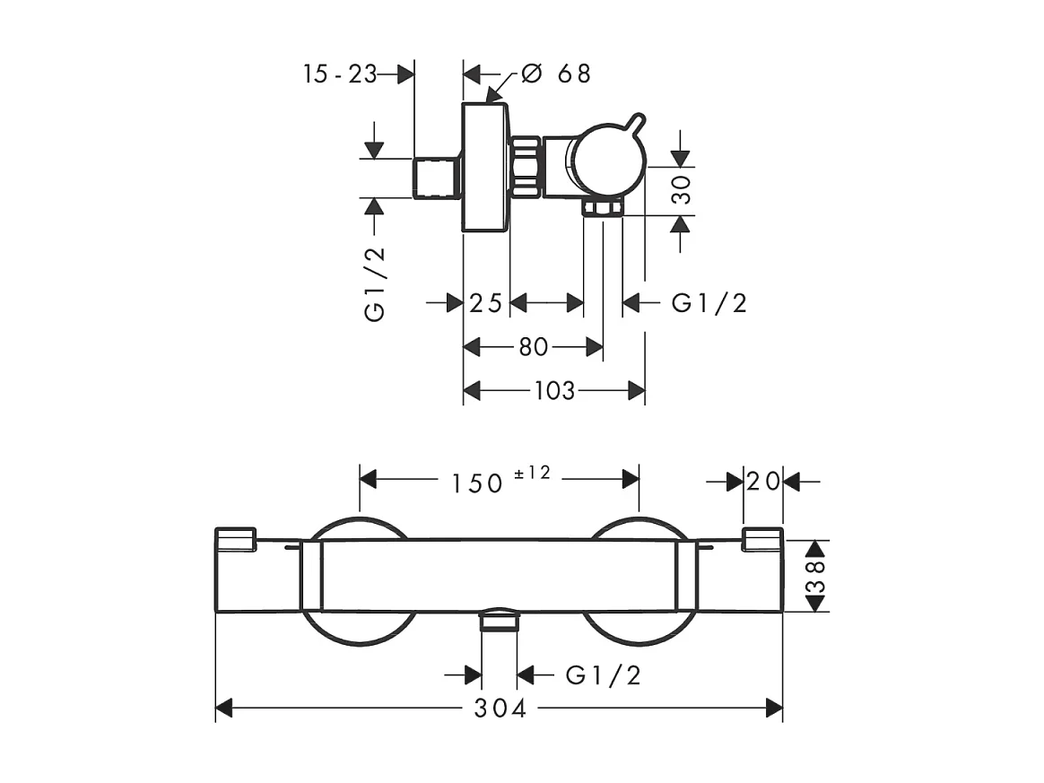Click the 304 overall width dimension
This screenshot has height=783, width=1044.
(500, 709)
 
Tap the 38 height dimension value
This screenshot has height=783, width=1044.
(815, 576)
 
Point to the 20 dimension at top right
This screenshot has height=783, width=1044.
(762, 482)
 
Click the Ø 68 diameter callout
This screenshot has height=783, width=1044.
(555, 74)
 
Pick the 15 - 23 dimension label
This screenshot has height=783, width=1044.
(340, 74)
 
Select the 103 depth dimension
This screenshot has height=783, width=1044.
(553, 391)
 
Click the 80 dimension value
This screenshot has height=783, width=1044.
(533, 347)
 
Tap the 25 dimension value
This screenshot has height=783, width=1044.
(485, 303)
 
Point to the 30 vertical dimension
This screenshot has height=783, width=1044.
(684, 191)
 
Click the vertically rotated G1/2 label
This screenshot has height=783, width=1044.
(375, 283)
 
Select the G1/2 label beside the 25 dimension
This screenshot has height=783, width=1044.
(709, 303)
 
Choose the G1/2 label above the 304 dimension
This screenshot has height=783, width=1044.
(604, 674)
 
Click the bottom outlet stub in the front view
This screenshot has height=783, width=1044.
(500, 621)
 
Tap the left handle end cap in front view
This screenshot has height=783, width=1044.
(236, 538)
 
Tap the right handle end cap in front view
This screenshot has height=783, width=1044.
(762, 538)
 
